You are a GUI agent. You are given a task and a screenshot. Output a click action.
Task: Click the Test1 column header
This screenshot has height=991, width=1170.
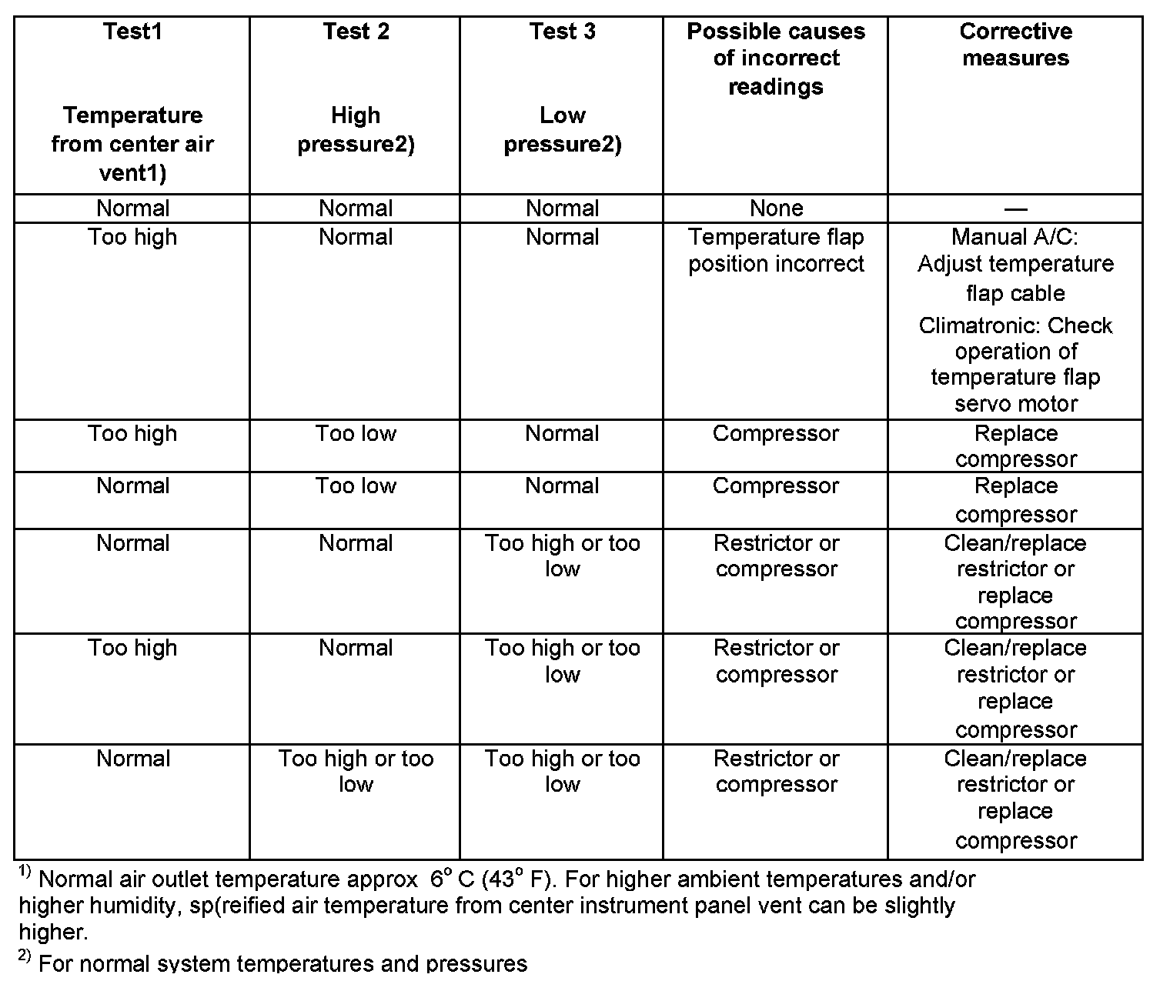[x=132, y=32]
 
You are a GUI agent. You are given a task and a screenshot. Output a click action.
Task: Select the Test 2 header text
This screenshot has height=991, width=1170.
[x=356, y=32]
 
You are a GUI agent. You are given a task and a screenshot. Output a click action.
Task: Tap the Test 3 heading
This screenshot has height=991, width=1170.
[x=562, y=32]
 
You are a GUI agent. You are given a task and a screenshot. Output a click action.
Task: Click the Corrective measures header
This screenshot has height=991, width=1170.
[x=1015, y=45]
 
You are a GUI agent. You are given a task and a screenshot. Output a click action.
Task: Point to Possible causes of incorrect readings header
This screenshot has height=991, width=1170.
[x=776, y=58]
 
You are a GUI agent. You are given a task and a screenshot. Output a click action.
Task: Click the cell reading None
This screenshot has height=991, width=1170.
[x=776, y=209]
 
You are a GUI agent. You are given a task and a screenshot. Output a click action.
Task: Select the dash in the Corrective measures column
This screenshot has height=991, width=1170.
[x=1015, y=209]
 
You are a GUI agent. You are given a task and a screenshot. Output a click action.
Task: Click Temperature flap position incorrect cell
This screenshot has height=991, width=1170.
[x=776, y=250]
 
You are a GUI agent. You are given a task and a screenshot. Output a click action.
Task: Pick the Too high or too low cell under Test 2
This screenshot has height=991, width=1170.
[x=356, y=771]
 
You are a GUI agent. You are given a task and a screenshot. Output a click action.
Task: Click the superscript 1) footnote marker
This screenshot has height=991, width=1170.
[x=25, y=873]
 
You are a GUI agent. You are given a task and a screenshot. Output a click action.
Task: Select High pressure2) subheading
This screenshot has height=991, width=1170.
[x=356, y=130]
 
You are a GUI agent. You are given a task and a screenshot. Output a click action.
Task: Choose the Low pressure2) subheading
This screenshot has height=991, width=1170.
[x=562, y=130]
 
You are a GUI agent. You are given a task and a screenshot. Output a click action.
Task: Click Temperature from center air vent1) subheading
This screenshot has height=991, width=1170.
[x=132, y=144]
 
